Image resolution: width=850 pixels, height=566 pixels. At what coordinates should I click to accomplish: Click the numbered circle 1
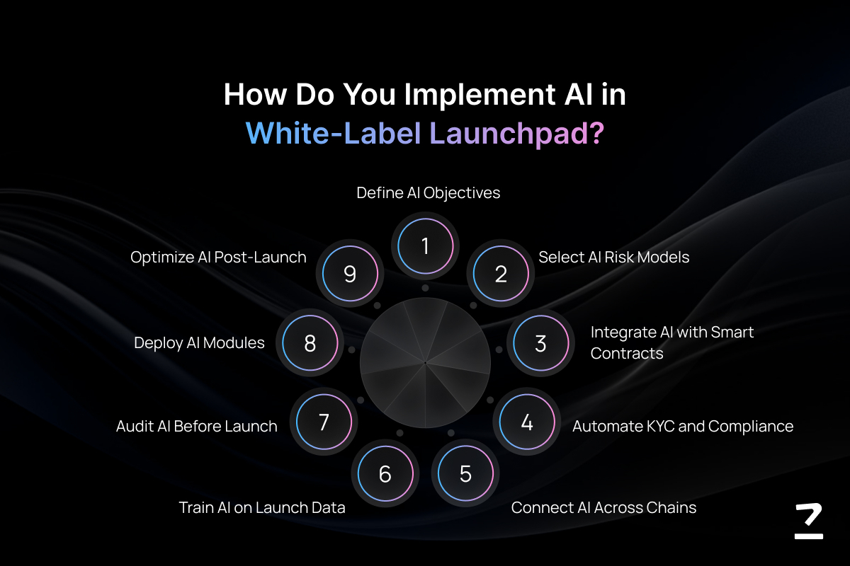(426, 246)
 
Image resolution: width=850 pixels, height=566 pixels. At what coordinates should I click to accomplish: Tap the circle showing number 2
(501, 274)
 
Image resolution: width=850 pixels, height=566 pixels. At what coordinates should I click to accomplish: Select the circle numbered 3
(540, 342)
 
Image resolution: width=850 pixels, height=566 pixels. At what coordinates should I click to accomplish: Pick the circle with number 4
(527, 422)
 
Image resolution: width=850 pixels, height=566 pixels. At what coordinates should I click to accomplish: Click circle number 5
(465, 473)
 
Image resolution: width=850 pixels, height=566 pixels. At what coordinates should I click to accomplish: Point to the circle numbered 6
(385, 473)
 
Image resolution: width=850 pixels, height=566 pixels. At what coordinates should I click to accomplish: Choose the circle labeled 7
(324, 422)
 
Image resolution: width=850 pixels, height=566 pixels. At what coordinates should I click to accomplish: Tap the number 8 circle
(310, 342)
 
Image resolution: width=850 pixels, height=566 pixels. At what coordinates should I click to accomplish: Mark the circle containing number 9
(350, 274)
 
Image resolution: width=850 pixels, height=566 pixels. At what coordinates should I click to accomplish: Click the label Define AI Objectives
(428, 192)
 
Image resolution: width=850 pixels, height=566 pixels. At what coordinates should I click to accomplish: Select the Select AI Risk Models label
(613, 257)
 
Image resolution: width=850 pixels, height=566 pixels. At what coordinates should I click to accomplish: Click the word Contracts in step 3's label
(626, 353)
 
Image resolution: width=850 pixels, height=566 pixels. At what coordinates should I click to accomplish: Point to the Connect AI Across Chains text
(603, 507)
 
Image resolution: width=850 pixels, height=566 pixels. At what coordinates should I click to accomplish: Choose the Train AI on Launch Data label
(262, 507)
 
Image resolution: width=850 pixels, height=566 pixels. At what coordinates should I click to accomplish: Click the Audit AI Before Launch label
(197, 426)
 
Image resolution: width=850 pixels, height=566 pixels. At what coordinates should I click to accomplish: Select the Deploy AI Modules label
(199, 342)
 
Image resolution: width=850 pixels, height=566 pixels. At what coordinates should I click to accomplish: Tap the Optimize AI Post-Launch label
(218, 257)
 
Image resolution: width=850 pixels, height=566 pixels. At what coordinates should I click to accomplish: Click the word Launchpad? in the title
(516, 134)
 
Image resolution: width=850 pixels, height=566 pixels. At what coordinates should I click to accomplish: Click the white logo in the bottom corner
(809, 521)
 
